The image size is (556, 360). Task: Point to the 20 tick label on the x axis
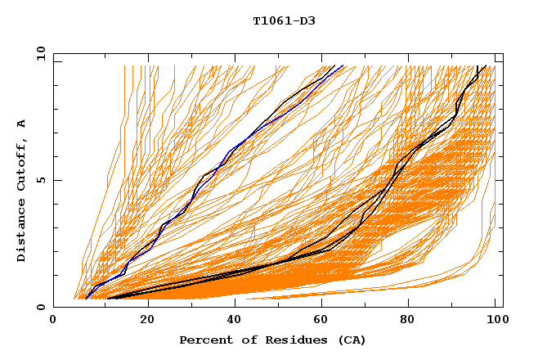point(147,320)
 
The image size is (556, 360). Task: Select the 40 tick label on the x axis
point(236,320)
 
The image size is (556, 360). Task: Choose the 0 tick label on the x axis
point(53,320)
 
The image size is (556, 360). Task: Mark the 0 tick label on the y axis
point(40,308)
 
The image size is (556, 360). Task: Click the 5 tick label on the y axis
point(40,181)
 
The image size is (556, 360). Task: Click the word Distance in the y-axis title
point(21,231)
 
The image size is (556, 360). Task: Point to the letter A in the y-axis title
point(21,124)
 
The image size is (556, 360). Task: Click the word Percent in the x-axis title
point(205,340)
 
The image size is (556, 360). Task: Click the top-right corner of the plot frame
point(502,55)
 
